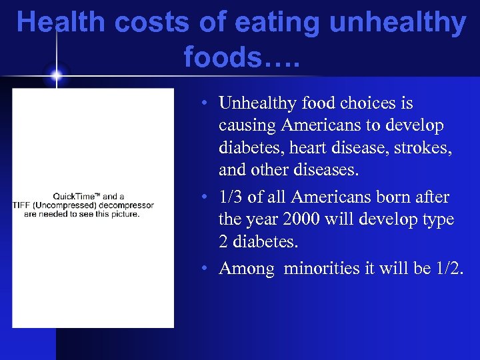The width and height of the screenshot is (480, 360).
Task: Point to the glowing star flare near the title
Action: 57,75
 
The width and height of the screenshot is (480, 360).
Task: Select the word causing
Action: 247,126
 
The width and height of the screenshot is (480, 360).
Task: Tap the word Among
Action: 246,269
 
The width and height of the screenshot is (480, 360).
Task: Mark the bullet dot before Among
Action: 209,269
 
